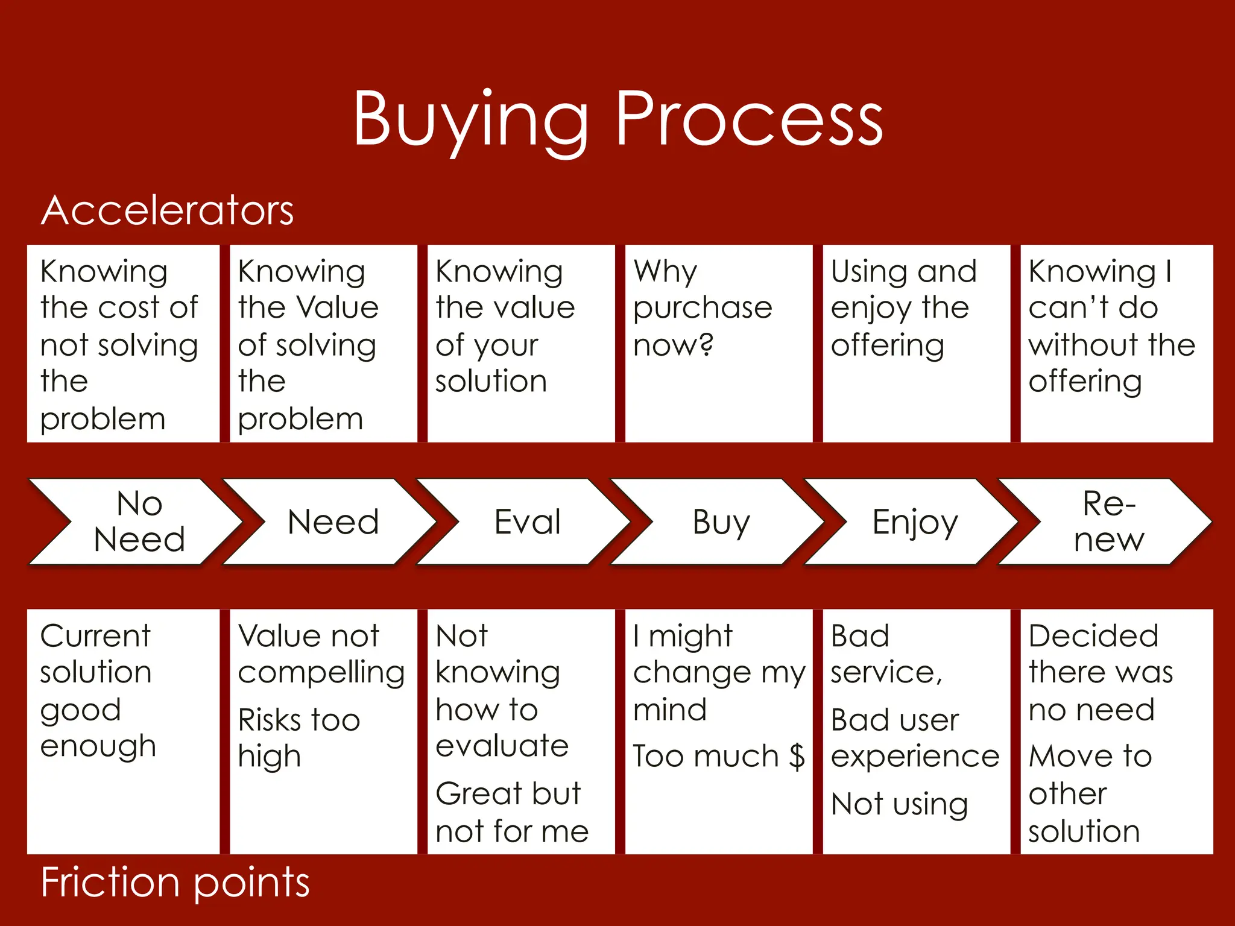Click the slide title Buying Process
[617, 119]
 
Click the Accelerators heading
[167, 210]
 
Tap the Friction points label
[175, 883]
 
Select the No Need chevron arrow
[139, 521]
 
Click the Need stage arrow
[333, 521]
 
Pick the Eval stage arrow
[527, 521]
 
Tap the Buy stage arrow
[721, 521]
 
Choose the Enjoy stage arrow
[915, 521]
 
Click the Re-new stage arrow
[1108, 521]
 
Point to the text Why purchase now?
[703, 308]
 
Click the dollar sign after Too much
[797, 756]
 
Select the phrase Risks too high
[299, 738]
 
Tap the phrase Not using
[899, 804]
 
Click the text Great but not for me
[512, 812]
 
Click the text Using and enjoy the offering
[903, 308]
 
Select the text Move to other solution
[1090, 793]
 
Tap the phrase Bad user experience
[915, 738]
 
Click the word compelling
[321, 673]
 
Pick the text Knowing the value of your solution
[505, 326]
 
